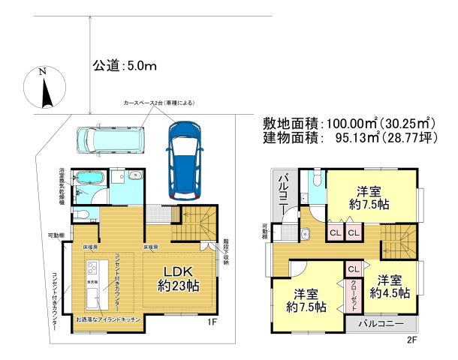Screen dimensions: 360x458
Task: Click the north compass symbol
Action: [x=44, y=88]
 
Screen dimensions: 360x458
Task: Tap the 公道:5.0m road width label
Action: [x=124, y=67]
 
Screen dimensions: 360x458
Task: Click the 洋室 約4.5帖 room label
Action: [x=390, y=286]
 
